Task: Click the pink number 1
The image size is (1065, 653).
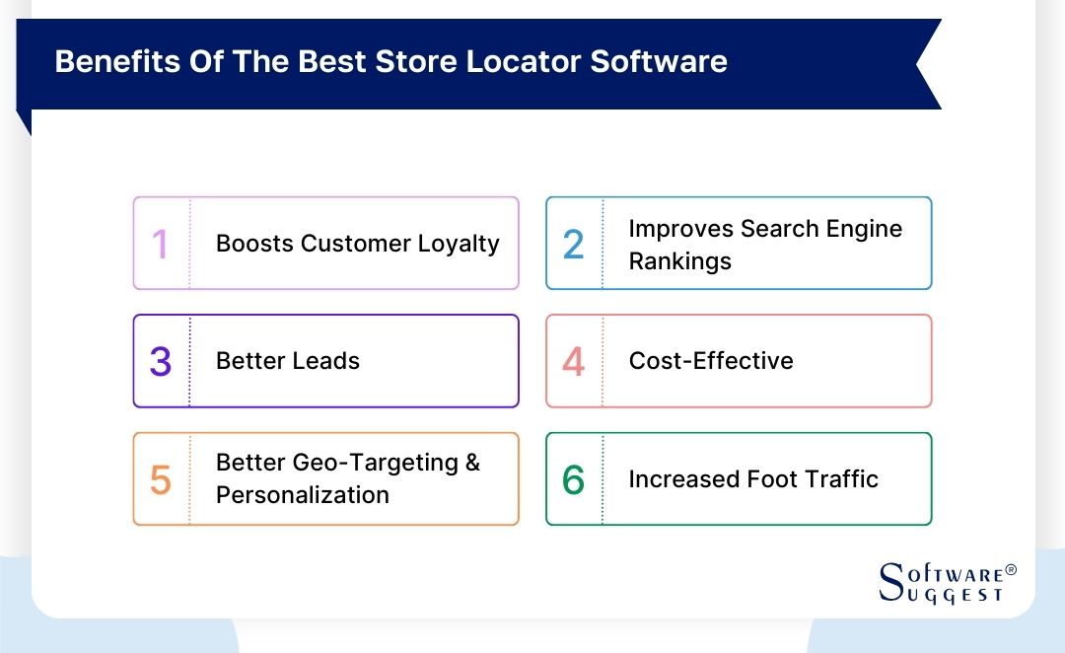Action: pos(160,245)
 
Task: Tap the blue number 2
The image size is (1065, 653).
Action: pos(573,245)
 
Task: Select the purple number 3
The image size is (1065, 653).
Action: pos(161,362)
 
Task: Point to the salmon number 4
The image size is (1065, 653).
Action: pos(573,362)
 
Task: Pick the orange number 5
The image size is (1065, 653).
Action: pos(161,480)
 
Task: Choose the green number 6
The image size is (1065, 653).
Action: pos(573,480)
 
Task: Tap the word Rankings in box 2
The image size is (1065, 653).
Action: pos(679,261)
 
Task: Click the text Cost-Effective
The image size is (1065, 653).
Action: pos(711,361)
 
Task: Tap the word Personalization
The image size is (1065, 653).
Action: pos(303,494)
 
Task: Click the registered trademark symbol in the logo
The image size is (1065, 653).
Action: pos(1010,571)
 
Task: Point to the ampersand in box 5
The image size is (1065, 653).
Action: pos(471,463)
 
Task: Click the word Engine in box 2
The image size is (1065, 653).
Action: pos(864,229)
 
